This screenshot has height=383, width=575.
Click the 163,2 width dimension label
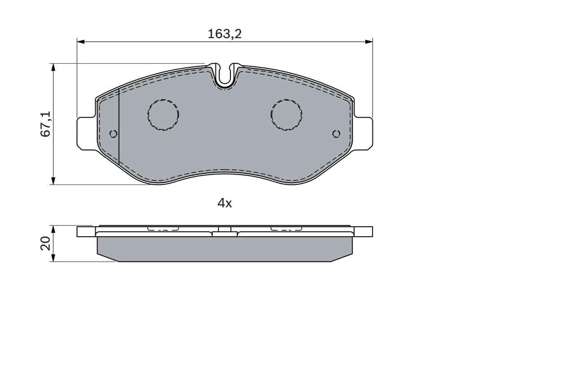225,34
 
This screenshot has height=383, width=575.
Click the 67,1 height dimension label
46,124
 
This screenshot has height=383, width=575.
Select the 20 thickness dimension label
45,244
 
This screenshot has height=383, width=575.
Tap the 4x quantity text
225,203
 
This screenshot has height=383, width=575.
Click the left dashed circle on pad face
163,115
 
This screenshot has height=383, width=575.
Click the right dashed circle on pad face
287,115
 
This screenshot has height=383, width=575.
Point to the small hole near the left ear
114,133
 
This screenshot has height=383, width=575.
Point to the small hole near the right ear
336,133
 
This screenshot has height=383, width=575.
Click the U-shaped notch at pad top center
225,76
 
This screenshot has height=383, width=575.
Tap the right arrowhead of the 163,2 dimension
369,42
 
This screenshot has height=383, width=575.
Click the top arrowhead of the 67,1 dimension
53,67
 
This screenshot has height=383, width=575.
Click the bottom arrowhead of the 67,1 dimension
53,180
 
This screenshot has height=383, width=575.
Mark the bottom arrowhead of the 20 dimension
53,258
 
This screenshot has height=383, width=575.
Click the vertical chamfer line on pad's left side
118,126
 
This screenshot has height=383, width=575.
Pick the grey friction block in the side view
225,249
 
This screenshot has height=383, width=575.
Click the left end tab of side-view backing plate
86,232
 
